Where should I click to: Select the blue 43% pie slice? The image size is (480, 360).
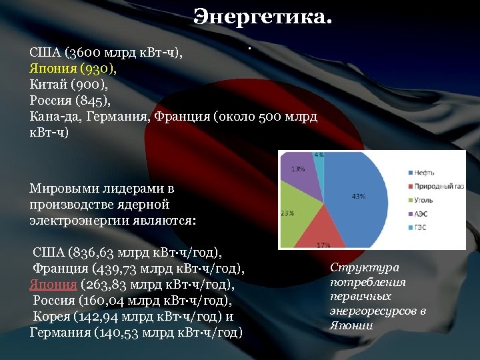[357, 197]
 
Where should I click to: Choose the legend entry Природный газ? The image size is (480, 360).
[437, 186]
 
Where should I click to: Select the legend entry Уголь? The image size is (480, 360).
[423, 200]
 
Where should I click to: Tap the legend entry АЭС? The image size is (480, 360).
[422, 214]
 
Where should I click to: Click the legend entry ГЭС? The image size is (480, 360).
[422, 228]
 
